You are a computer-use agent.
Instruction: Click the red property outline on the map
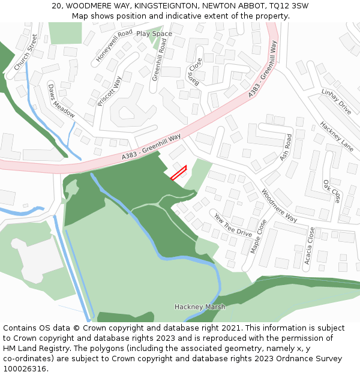pos(179,173)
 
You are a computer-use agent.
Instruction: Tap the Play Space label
pos(154,34)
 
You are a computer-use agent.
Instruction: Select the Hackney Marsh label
pos(200,307)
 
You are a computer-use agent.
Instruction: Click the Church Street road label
pos(26,52)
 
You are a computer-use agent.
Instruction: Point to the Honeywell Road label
pos(114,46)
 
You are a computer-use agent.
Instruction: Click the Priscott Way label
pos(109,91)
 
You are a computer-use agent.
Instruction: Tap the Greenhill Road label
pos(155,59)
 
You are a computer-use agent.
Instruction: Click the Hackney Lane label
pos(337,136)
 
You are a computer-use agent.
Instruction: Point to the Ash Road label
pos(286,147)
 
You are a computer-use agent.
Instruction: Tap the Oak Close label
pos(332,191)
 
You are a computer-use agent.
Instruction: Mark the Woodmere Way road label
pos(279,206)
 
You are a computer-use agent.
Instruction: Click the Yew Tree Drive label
pos(233,224)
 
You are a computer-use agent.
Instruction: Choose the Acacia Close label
pos(310,245)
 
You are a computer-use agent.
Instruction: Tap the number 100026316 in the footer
pos(25,368)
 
